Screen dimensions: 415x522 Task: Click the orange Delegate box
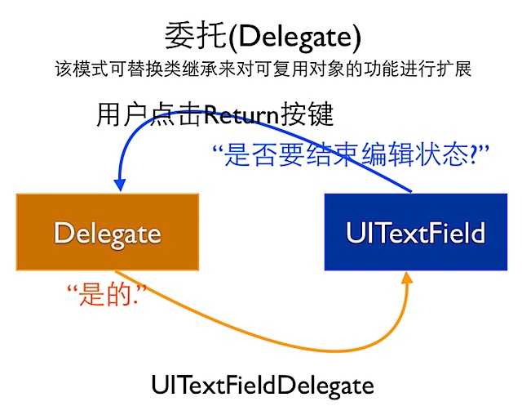[x=107, y=233]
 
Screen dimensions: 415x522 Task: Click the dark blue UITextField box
[x=415, y=233]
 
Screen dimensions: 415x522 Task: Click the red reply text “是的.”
[x=98, y=295]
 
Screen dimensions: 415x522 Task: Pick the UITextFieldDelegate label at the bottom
[x=262, y=384]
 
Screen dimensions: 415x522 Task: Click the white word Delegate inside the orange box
[x=107, y=234]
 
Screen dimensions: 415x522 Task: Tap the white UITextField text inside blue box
[x=415, y=234]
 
